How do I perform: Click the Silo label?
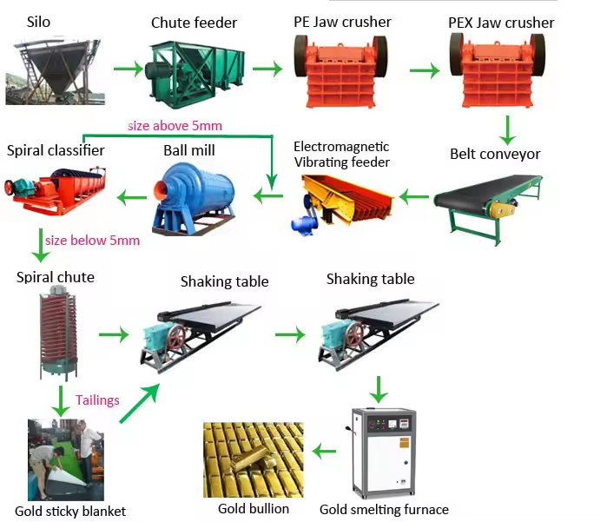(x=38, y=22)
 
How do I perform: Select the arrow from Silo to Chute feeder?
(x=129, y=69)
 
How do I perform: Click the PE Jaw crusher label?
(x=342, y=22)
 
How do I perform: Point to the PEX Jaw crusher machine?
(x=498, y=69)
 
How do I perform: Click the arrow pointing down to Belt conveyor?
(x=507, y=130)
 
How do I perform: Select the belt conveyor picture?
(x=488, y=208)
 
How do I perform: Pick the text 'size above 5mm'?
(x=175, y=126)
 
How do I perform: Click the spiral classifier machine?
(x=55, y=190)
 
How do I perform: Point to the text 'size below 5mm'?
(x=92, y=241)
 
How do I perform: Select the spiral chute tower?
(x=59, y=333)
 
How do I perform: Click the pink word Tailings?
(x=97, y=400)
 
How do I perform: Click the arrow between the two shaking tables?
(x=290, y=334)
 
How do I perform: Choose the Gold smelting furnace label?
(x=384, y=510)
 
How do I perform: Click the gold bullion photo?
(x=254, y=459)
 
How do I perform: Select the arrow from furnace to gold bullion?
(x=324, y=452)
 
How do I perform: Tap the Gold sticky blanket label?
(x=70, y=512)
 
